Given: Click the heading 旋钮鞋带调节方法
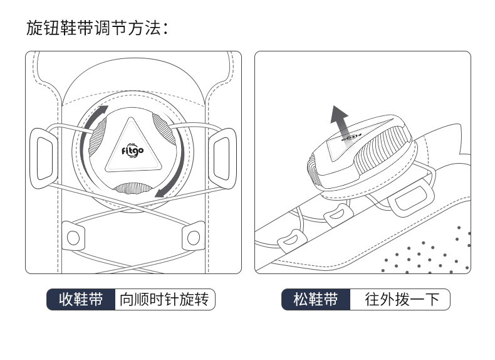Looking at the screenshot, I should [97, 28].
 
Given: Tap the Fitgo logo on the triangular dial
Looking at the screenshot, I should [133, 151].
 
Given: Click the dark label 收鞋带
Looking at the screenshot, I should [81, 299].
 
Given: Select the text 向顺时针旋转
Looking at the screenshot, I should [164, 299].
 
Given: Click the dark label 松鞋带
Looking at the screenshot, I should [315, 299].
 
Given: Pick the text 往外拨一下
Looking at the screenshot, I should [399, 299].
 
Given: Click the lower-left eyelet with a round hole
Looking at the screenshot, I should [73, 236].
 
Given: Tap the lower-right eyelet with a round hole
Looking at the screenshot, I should [192, 236].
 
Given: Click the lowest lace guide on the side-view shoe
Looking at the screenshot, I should [289, 240].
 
